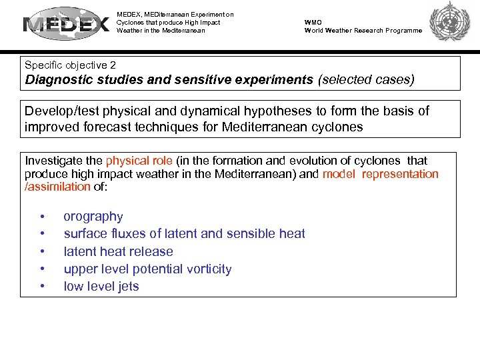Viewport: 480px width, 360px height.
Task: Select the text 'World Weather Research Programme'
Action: click(363, 30)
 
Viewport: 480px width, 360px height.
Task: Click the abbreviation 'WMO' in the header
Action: click(313, 22)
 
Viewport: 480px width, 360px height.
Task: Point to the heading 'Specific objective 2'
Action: click(70, 65)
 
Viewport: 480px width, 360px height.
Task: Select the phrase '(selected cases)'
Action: click(366, 80)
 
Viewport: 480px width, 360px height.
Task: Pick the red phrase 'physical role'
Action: click(139, 161)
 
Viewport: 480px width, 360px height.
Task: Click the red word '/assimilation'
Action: click(57, 187)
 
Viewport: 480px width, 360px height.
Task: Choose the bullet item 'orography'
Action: click(93, 217)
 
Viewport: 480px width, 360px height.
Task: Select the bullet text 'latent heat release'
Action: click(118, 251)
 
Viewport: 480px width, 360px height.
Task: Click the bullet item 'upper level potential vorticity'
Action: click(147, 269)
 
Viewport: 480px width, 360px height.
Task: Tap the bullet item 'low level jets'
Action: click(101, 286)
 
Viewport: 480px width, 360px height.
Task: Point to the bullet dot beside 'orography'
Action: click(43, 217)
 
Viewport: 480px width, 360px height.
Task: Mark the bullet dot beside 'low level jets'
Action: click(43, 287)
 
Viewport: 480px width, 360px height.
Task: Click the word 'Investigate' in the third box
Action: click(55, 161)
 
